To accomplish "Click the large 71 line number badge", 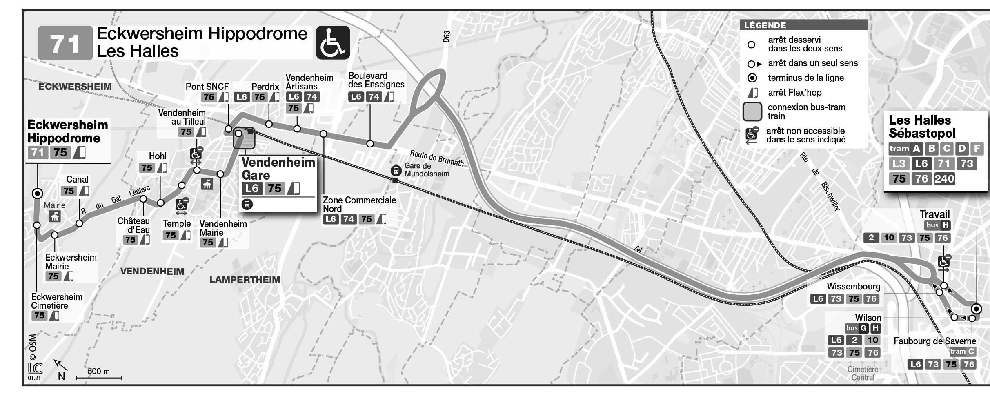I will [x=65, y=43].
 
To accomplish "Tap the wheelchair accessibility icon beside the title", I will [x=333, y=43].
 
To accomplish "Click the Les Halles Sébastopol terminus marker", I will [x=976, y=308].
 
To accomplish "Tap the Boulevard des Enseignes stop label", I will [x=376, y=80].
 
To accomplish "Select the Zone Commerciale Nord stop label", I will [x=359, y=204].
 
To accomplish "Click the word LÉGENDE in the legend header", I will [x=765, y=25].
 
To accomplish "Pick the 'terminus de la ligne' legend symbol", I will [x=752, y=78].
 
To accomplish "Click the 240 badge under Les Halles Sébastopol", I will [x=944, y=179].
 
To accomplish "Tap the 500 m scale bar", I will [x=99, y=378].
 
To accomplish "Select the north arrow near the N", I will [x=60, y=365].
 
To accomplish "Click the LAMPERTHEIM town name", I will [x=245, y=280].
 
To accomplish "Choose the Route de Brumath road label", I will [x=437, y=158].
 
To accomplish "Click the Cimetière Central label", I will [x=863, y=373].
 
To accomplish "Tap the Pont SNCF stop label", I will [x=207, y=87].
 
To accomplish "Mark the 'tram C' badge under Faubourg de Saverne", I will [x=962, y=352].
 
